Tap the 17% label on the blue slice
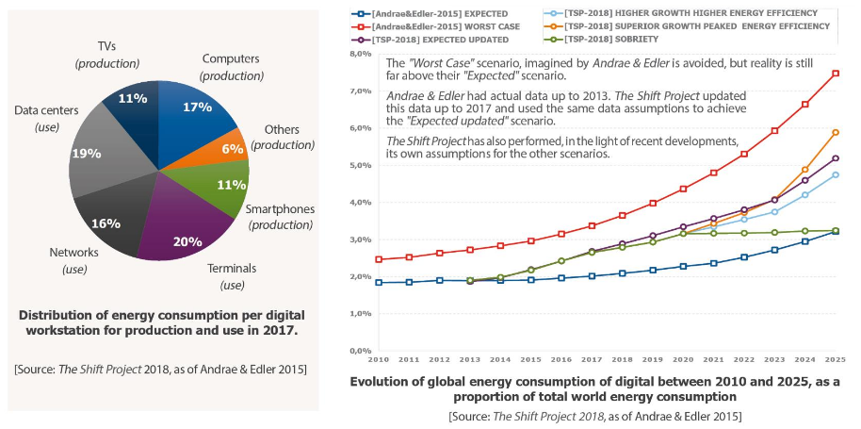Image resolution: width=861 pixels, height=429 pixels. (x=197, y=107)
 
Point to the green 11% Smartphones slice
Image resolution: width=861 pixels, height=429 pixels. (x=226, y=184)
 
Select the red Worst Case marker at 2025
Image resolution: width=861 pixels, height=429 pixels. (x=836, y=74)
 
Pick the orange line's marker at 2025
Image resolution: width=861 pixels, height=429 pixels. (x=836, y=133)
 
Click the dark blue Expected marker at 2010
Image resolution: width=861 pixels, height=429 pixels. (x=379, y=282)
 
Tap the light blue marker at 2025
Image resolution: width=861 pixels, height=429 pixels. (x=836, y=174)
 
